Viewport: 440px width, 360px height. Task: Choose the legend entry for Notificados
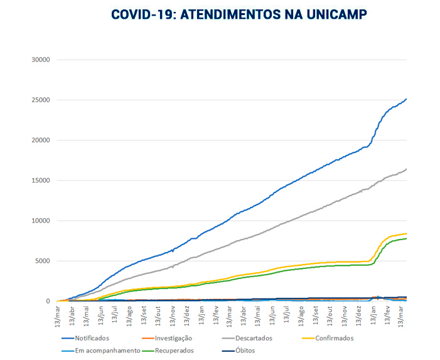point(92,338)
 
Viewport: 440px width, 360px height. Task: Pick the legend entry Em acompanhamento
point(107,351)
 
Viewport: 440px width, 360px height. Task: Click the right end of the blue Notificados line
point(406,99)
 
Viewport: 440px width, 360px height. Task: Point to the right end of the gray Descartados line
point(406,169)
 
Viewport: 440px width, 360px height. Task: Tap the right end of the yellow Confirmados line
point(406,233)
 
